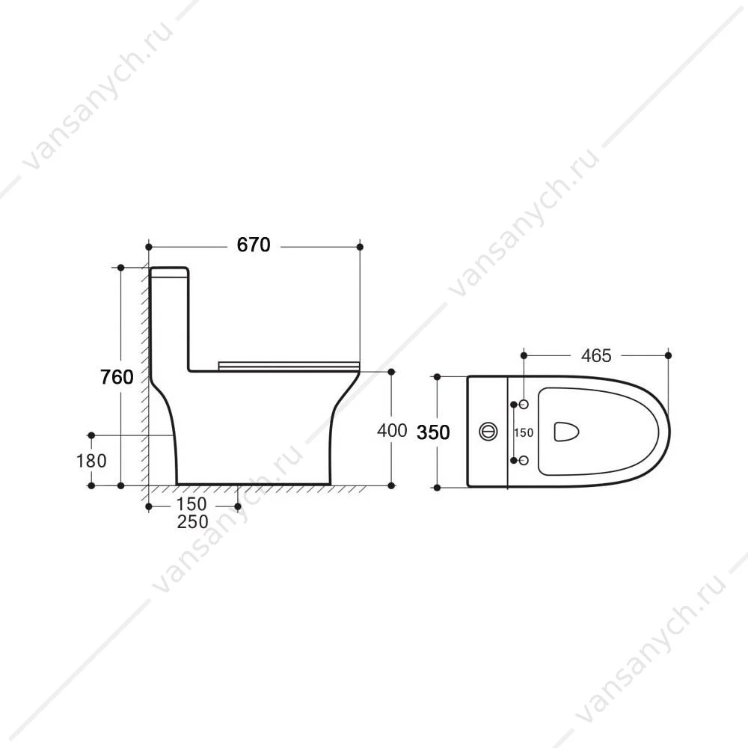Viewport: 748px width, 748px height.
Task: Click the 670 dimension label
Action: (x=254, y=245)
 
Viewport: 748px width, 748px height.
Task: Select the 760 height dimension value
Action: (x=117, y=377)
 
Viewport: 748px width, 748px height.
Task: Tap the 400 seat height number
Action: (x=392, y=430)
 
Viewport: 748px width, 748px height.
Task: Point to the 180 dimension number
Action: (x=91, y=461)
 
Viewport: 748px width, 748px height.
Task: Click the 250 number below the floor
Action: (x=192, y=522)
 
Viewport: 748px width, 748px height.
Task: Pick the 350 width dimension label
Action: (x=433, y=432)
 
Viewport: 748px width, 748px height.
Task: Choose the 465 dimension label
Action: (x=596, y=355)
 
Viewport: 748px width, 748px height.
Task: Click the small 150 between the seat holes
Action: (x=524, y=432)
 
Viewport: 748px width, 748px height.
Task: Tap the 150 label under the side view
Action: (x=191, y=504)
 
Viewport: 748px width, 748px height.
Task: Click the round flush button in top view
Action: (x=488, y=432)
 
